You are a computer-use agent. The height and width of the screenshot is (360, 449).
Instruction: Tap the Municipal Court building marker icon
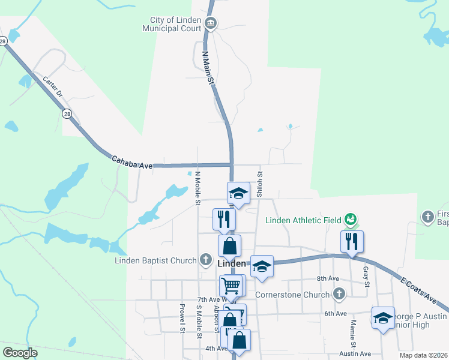(x=210, y=24)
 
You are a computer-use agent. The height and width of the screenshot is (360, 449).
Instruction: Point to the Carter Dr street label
(x=52, y=87)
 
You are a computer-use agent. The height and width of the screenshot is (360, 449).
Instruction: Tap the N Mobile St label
(x=197, y=188)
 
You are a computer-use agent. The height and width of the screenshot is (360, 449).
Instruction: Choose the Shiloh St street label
(x=260, y=183)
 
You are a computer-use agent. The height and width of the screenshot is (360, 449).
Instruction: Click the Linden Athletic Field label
(x=303, y=220)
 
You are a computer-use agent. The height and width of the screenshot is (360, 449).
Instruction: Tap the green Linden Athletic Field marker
(x=351, y=220)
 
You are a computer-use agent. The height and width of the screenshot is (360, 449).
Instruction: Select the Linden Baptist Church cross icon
(x=206, y=260)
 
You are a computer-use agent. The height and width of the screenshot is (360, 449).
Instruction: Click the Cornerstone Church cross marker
(x=339, y=295)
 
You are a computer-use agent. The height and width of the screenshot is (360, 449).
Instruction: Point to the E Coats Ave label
(x=418, y=289)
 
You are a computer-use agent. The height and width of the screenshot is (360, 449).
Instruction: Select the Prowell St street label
(x=181, y=319)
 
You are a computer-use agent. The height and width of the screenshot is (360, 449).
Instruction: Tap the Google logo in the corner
(x=20, y=353)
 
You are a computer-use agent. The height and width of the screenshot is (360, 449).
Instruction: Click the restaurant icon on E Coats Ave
(x=351, y=241)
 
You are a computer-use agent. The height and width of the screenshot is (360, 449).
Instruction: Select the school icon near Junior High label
(x=383, y=318)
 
